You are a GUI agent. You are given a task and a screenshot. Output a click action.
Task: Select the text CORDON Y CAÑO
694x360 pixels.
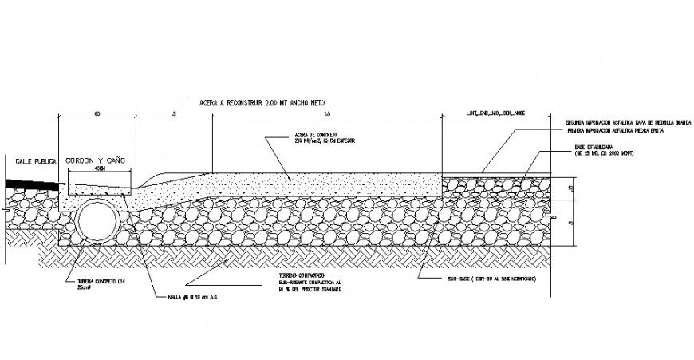point(97,160)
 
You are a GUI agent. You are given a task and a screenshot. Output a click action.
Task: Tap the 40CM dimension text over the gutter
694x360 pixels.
point(99,170)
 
